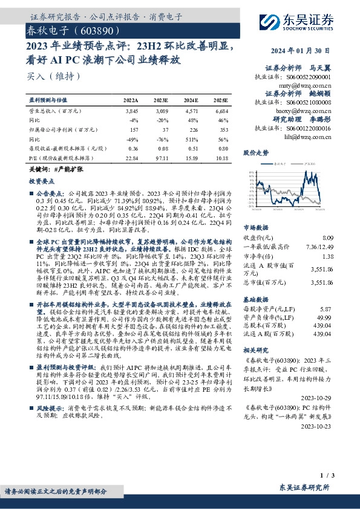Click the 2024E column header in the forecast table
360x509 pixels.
pos(190,100)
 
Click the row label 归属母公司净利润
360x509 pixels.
pos(61,129)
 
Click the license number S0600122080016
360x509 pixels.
pos(309,128)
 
